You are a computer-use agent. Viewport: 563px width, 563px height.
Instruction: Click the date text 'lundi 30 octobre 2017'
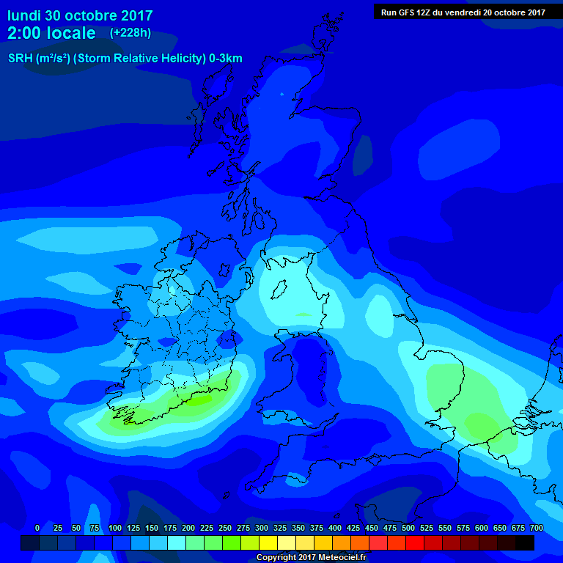pos(80,15)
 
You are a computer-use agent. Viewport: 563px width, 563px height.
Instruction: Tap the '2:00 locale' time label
pos(51,33)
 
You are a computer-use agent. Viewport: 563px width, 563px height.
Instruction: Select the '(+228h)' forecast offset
pos(130,33)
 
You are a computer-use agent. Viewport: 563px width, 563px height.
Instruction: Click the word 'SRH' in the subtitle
pos(21,59)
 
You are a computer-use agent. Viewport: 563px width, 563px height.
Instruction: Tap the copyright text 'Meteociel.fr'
pos(342,558)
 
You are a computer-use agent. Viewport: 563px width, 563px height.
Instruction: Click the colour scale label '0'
pos(37,528)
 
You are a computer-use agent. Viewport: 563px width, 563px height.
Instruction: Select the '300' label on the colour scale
pos(262,528)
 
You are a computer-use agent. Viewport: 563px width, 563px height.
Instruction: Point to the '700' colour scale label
pos(537,528)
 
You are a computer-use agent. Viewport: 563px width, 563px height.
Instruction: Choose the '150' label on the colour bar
pos(152,528)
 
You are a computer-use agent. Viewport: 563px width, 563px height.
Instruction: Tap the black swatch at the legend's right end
pos(525,542)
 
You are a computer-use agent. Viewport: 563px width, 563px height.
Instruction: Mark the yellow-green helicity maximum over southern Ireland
pos(194,400)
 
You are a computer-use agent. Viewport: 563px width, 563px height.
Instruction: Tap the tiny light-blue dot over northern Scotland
pos(281,94)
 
